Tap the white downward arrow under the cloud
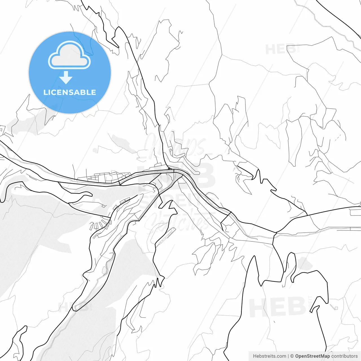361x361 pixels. (66, 78)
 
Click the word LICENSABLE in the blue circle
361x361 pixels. (70, 92)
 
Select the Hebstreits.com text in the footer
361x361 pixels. (269, 356)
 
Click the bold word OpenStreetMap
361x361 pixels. (312, 356)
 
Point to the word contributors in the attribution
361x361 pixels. (344, 356)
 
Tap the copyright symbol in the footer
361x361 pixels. (292, 356)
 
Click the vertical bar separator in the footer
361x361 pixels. (288, 356)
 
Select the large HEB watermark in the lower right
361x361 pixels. (278, 307)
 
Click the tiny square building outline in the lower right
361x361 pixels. (336, 308)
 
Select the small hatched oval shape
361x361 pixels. (105, 270)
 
